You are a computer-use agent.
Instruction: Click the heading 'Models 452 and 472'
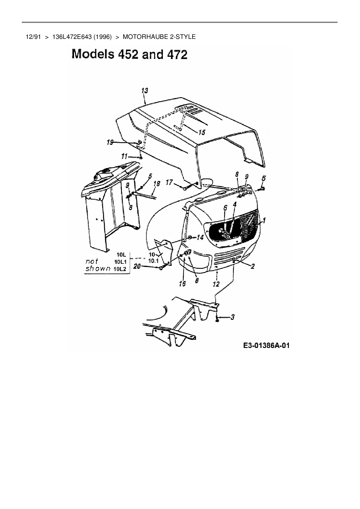tap(129, 54)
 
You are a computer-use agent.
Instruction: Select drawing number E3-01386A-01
tap(266, 345)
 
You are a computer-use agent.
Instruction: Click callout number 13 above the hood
tap(145, 91)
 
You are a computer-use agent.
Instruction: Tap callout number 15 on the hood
tap(201, 132)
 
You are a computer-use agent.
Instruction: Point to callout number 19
tap(110, 142)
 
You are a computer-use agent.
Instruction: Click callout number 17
tap(169, 183)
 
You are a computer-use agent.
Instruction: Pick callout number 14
tap(200, 237)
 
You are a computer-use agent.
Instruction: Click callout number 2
tap(253, 266)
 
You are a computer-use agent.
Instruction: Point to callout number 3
tap(233, 317)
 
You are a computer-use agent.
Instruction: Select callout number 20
tap(136, 266)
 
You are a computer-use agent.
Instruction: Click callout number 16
tap(182, 284)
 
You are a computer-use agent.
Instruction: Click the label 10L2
tap(120, 269)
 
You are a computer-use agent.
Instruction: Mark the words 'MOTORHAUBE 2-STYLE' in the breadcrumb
tap(159, 37)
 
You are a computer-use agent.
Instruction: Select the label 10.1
tap(153, 261)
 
